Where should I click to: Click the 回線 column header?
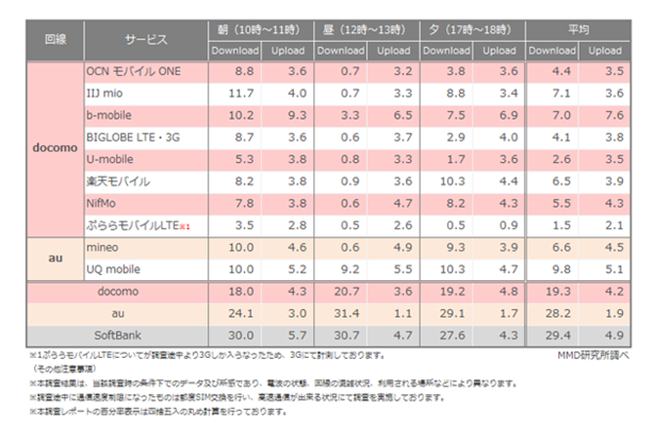pyautogui.click(x=56, y=40)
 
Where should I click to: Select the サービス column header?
pyautogui.click(x=146, y=40)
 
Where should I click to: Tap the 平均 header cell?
pyautogui.click(x=578, y=30)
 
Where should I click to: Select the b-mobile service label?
pyautogui.click(x=110, y=114)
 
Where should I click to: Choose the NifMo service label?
pyautogui.click(x=103, y=203)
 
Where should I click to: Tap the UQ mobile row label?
pyautogui.click(x=114, y=268)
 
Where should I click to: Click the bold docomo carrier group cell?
pyautogui.click(x=56, y=149)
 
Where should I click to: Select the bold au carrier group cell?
pyautogui.click(x=56, y=258)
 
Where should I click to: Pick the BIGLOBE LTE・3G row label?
pyautogui.click(x=136, y=137)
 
